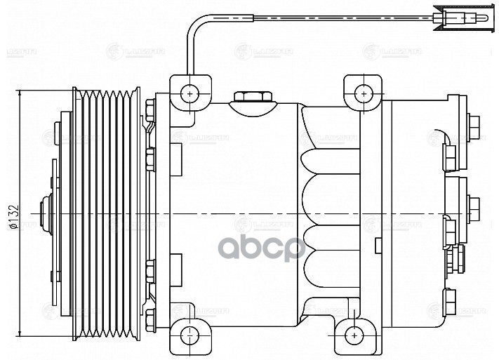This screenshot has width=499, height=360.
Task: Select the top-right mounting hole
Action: pyautogui.click(x=362, y=93)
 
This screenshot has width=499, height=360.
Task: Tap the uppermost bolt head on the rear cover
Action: pyautogui.click(x=473, y=124)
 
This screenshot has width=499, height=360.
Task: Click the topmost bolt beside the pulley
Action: pyautogui.click(x=149, y=107)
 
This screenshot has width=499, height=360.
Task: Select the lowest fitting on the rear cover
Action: pyautogui.click(x=449, y=299)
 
